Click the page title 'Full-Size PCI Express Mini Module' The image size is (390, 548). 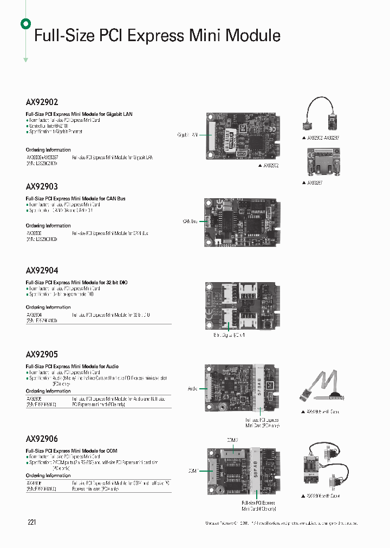tap(157, 36)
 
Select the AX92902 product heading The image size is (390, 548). tap(42, 102)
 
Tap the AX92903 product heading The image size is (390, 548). tap(42, 186)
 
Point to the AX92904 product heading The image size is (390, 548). tap(42, 270)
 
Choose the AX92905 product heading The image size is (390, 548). tap(42, 355)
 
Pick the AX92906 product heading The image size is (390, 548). tap(42, 439)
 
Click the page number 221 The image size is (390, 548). tap(31, 522)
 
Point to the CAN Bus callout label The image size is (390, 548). tap(190, 221)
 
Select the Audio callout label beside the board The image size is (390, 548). tap(193, 388)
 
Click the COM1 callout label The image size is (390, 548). tap(193, 471)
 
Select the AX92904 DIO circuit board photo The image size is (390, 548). tap(244, 306)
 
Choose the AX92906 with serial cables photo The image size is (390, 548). tap(321, 467)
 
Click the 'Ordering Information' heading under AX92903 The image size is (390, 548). tap(48, 226)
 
